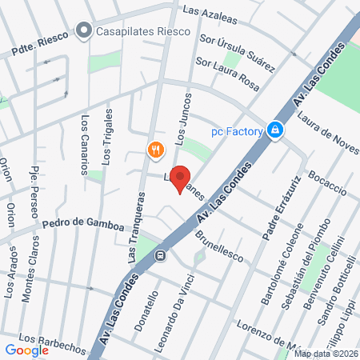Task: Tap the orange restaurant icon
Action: [156, 149]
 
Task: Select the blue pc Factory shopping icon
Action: [275, 128]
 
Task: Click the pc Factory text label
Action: [238, 130]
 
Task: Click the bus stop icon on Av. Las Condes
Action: [160, 256]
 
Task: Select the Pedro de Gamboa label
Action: [83, 226]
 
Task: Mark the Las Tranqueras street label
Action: [135, 231]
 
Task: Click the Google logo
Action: [26, 350]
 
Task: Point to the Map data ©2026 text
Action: [326, 354]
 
